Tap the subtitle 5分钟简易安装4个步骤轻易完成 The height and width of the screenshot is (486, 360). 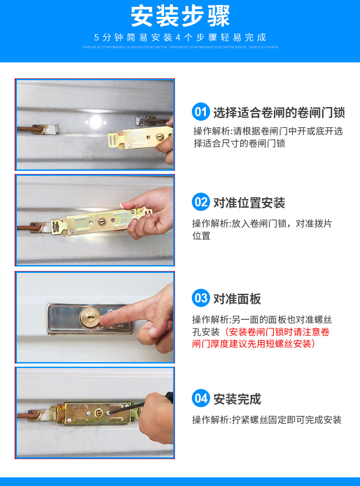pos(180,37)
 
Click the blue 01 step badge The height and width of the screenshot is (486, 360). pos(201,112)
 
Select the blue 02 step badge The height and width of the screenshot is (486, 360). pos(201,202)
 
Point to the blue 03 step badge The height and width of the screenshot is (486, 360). pos(201,298)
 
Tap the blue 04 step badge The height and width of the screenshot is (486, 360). pos(201,399)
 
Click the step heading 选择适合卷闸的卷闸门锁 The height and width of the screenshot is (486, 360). pos(279,112)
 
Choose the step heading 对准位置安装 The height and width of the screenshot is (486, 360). pos(249,203)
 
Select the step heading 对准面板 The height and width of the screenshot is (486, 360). pos(237,299)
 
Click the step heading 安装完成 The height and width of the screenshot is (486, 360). pos(237,399)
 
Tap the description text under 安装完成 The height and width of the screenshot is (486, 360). pos(267,420)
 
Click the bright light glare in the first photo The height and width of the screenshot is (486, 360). pos(95,121)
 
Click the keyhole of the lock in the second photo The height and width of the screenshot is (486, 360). pos(101,222)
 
